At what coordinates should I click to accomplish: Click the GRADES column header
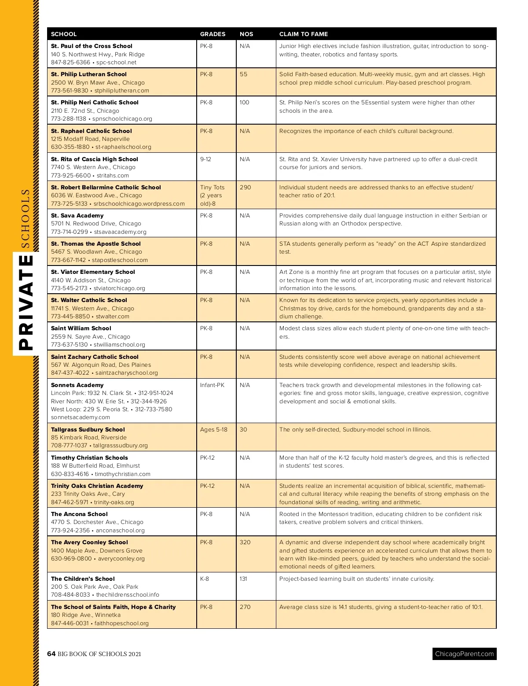213,34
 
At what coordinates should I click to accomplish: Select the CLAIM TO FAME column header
303,34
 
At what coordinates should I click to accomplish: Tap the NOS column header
246,34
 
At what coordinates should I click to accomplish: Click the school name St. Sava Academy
77,215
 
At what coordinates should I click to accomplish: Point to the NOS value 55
243,74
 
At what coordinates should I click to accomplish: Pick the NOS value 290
245,187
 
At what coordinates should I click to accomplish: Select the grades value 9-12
205,159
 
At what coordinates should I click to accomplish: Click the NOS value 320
245,542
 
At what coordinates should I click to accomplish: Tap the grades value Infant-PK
212,385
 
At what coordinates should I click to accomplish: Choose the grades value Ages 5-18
213,429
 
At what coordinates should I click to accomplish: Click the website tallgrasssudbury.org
121,445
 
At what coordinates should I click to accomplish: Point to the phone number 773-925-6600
71,175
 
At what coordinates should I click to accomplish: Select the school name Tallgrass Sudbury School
88,429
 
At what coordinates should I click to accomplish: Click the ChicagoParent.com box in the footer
464,654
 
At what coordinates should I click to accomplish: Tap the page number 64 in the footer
51,654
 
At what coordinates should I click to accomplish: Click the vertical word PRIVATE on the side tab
27,302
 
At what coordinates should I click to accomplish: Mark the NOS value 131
243,579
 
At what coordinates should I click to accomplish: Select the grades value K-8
205,579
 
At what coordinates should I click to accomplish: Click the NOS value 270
245,607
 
